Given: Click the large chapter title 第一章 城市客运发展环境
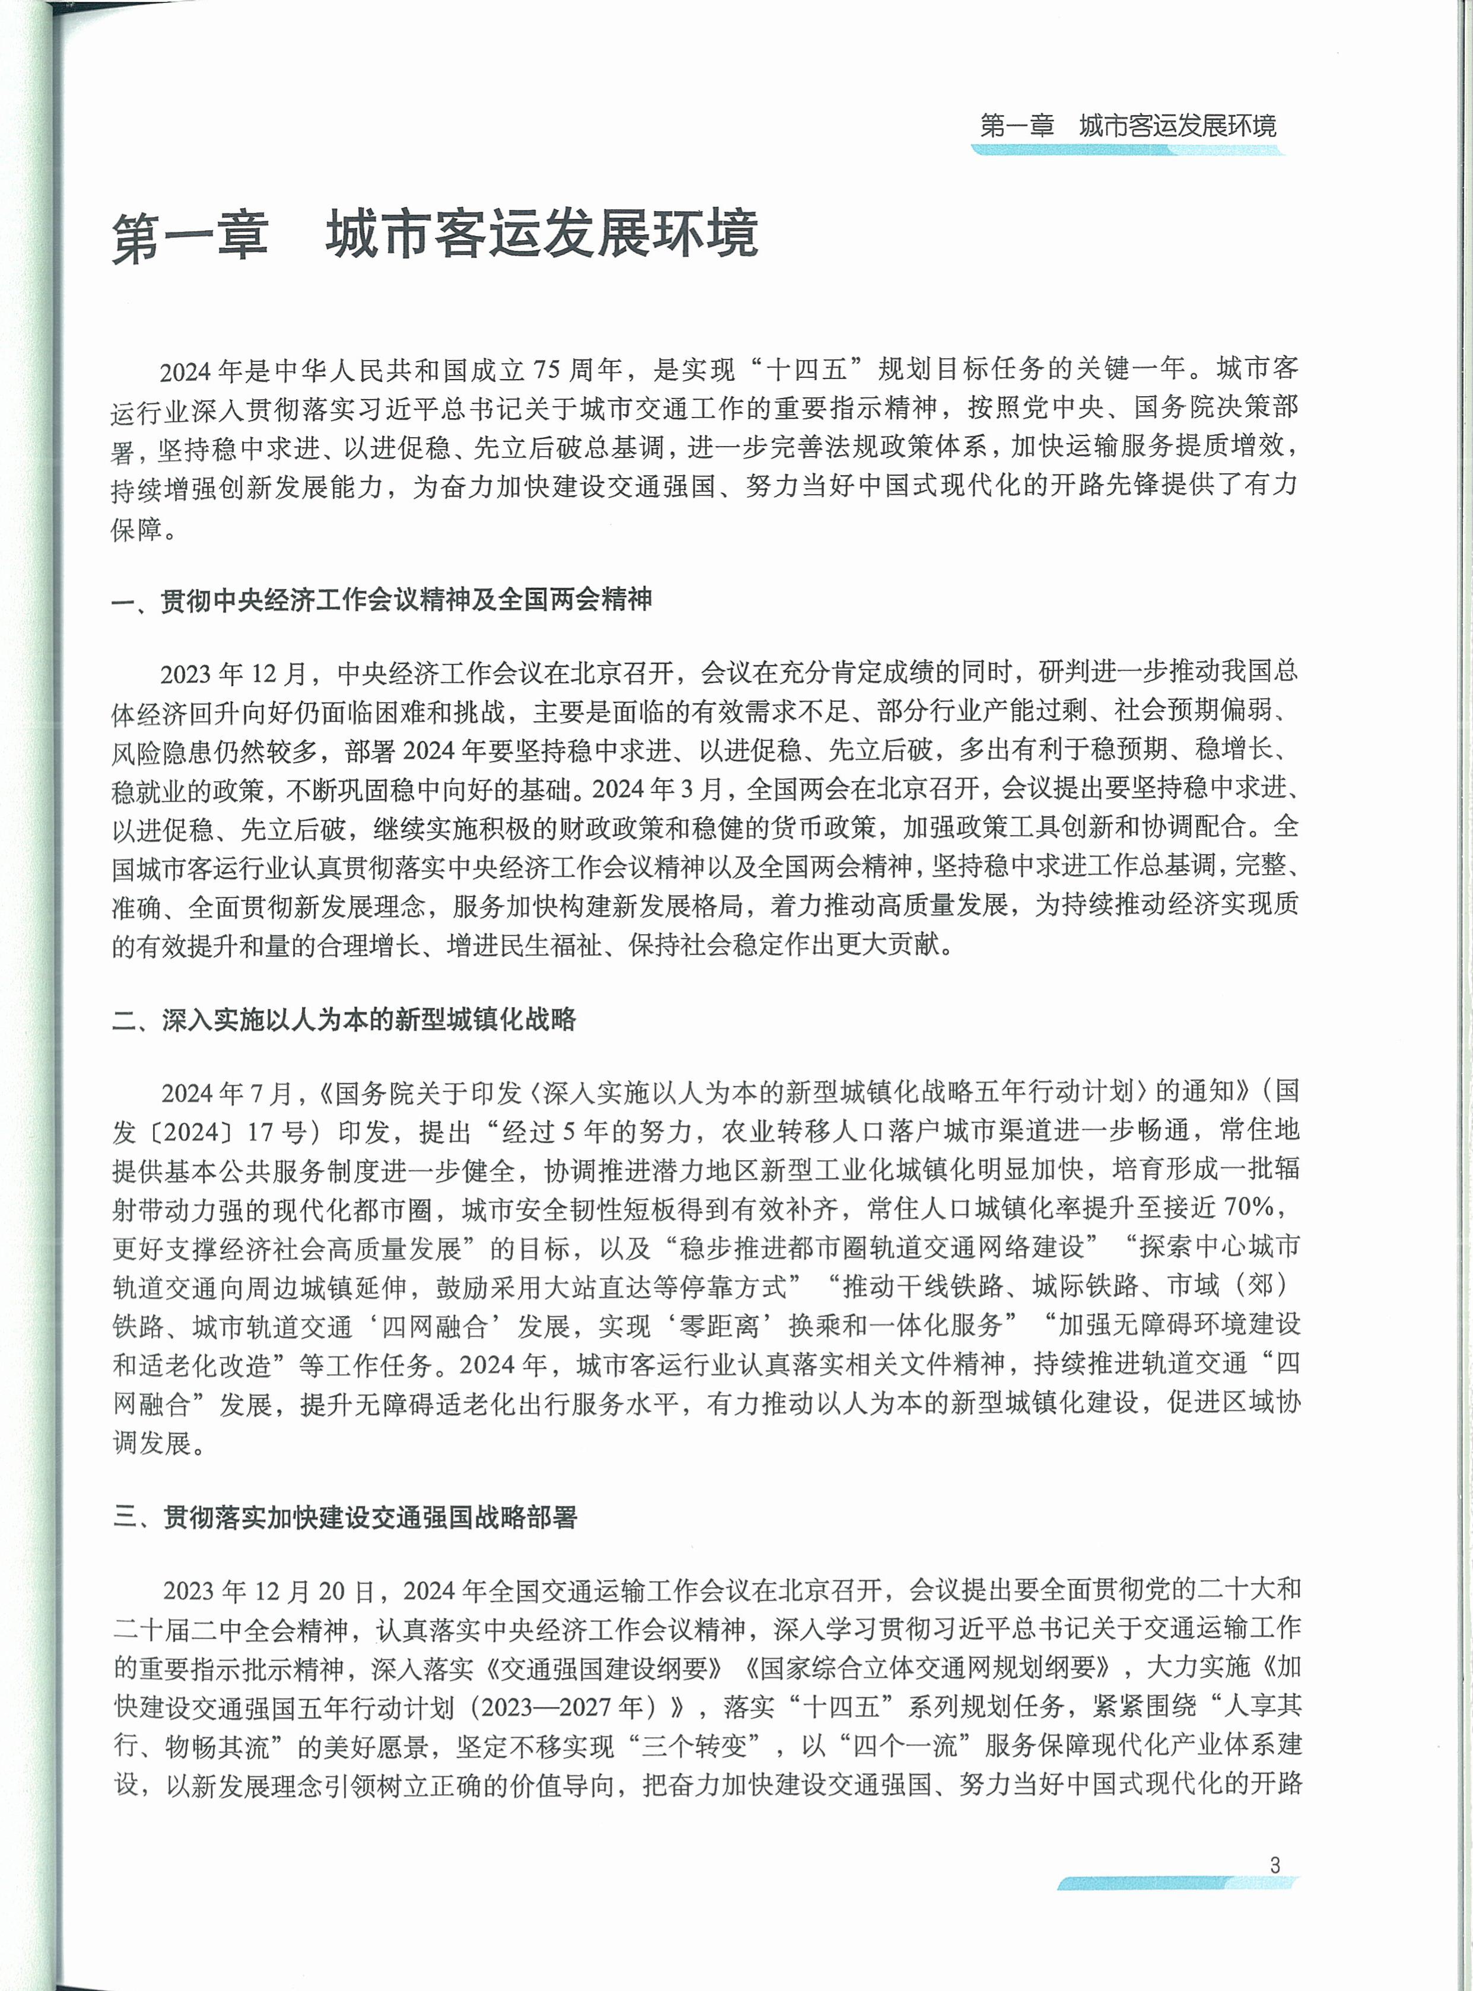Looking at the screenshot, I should (435, 235).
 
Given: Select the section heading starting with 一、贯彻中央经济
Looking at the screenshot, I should (381, 600).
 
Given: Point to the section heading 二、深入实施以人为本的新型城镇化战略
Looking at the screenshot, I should (344, 1020).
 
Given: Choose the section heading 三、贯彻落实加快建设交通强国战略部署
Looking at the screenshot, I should (345, 1517).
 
